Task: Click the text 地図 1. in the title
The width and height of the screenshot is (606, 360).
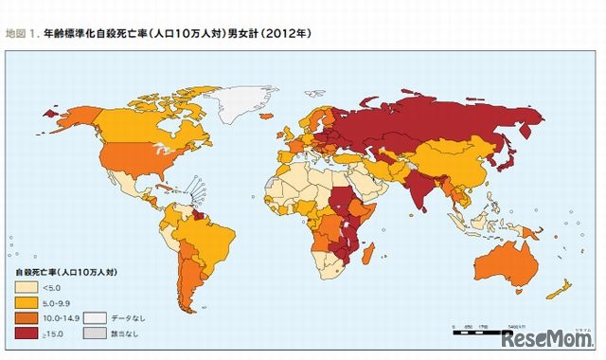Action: tap(21, 33)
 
